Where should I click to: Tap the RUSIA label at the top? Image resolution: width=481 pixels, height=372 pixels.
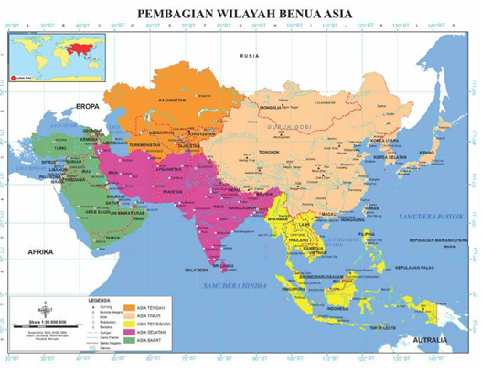coord(250,56)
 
